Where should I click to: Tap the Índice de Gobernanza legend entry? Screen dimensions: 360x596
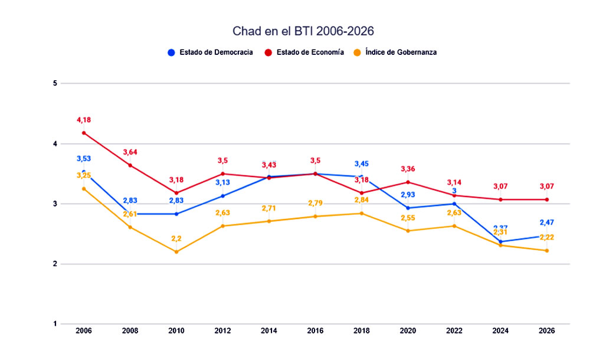coord(395,52)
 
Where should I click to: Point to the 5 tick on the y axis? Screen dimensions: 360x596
coord(54,83)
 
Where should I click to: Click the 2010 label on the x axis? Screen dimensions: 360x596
coord(176,331)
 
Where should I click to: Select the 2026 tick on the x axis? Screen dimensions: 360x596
coord(546,331)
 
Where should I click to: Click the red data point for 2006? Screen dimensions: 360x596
coord(84,133)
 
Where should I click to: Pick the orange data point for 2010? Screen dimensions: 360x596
coord(176,252)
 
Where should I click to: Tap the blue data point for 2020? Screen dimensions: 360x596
coord(408,208)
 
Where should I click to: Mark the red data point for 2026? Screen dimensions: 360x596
coord(546,199)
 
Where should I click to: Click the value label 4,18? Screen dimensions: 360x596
coord(84,120)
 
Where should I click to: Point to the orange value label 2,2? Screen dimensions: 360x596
coord(176,239)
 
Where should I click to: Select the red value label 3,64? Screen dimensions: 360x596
coord(130,153)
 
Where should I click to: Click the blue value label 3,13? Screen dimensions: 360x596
coord(222,183)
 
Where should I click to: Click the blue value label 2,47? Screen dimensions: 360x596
coord(546,222)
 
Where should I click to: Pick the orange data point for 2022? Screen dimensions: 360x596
coord(454,226)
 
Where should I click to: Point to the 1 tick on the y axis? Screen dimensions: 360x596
coord(54,324)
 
